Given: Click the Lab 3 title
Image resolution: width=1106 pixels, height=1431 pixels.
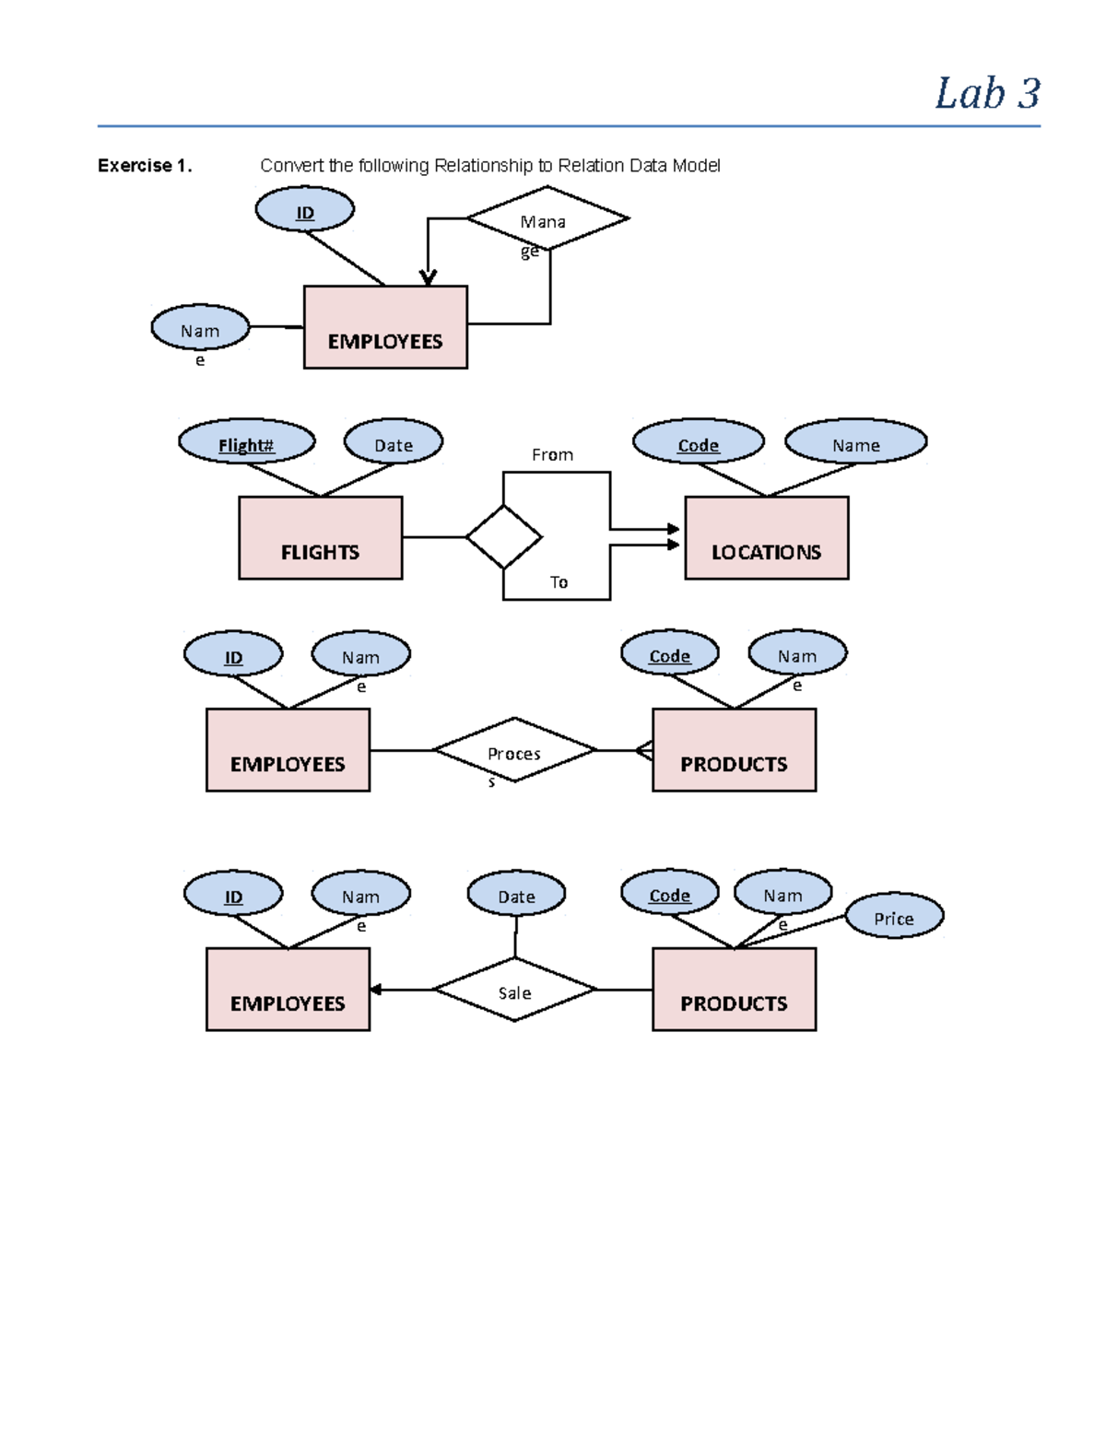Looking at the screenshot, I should point(986,94).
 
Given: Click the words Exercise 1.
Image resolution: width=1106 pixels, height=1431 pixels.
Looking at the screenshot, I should point(144,166).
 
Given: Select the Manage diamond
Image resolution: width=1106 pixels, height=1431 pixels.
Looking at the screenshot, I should point(547,219).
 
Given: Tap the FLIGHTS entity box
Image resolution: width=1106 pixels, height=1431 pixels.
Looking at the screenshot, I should point(320,538).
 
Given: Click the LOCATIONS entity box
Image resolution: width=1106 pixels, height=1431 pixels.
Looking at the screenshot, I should point(766,538).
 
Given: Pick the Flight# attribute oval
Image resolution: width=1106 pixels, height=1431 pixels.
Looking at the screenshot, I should point(246,441).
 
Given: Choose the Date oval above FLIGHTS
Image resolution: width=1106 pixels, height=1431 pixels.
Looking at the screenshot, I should point(394,441).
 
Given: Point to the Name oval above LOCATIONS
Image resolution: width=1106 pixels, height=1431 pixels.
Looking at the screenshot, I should point(855,441).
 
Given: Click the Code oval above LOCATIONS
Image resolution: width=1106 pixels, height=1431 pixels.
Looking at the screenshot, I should point(698,441).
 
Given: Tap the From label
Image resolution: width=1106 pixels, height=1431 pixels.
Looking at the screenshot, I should point(552,455).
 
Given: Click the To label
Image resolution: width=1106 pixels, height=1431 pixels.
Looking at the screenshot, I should point(559,582).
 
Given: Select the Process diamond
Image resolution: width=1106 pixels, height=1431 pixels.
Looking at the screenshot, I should point(514,750).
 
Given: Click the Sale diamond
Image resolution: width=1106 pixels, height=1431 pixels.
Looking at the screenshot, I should point(514,990).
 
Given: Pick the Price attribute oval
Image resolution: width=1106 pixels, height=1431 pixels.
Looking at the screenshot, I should point(894,916).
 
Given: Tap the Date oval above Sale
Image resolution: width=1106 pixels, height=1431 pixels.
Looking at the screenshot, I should point(516,894).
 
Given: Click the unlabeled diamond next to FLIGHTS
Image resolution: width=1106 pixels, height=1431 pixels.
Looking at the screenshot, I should point(503,537).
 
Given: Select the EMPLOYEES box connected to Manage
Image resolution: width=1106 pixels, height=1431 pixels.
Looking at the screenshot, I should point(385,327).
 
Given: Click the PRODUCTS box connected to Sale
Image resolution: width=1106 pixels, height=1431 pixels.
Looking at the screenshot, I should point(734,990).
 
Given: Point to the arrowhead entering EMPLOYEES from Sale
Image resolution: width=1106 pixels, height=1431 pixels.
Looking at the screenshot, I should point(375,990).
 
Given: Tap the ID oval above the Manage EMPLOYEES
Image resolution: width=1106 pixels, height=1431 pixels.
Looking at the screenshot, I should point(304,210).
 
